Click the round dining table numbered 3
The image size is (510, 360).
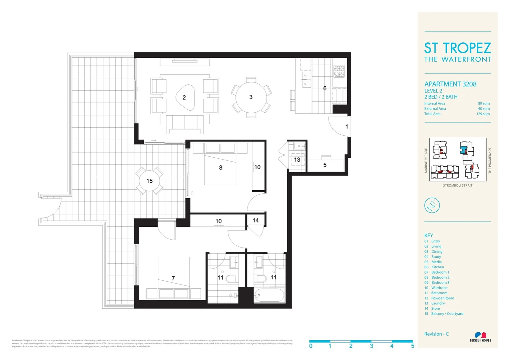click(251, 97)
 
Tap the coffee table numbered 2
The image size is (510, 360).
click(185, 97)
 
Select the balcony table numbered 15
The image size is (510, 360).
click(149, 181)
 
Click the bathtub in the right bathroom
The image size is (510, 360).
click(269, 295)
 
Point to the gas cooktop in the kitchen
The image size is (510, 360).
click(339, 71)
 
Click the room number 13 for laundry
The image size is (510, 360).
click(297, 160)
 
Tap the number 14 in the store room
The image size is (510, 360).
click(256, 220)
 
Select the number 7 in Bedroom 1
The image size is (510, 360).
click(173, 278)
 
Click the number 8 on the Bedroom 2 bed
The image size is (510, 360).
click(220, 168)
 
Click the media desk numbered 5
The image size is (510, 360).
click(325, 165)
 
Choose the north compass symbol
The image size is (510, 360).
click(432, 205)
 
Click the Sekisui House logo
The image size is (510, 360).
click(480, 337)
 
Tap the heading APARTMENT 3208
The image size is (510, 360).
click(450, 84)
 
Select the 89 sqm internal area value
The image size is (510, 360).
click(484, 104)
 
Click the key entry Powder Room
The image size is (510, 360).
click(442, 298)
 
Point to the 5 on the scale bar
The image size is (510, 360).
click(413, 346)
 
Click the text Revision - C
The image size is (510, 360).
click(436, 334)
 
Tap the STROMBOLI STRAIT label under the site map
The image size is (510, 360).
click(458, 186)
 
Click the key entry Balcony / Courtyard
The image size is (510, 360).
click(447, 314)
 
